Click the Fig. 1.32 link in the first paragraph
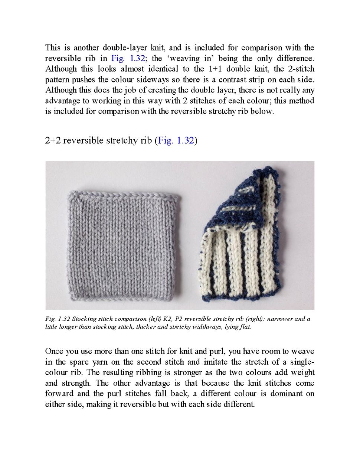tap(128, 58)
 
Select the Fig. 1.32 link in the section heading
tap(176, 140)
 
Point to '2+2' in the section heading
tap(53, 140)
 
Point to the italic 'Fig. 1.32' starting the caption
tap(58, 319)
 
